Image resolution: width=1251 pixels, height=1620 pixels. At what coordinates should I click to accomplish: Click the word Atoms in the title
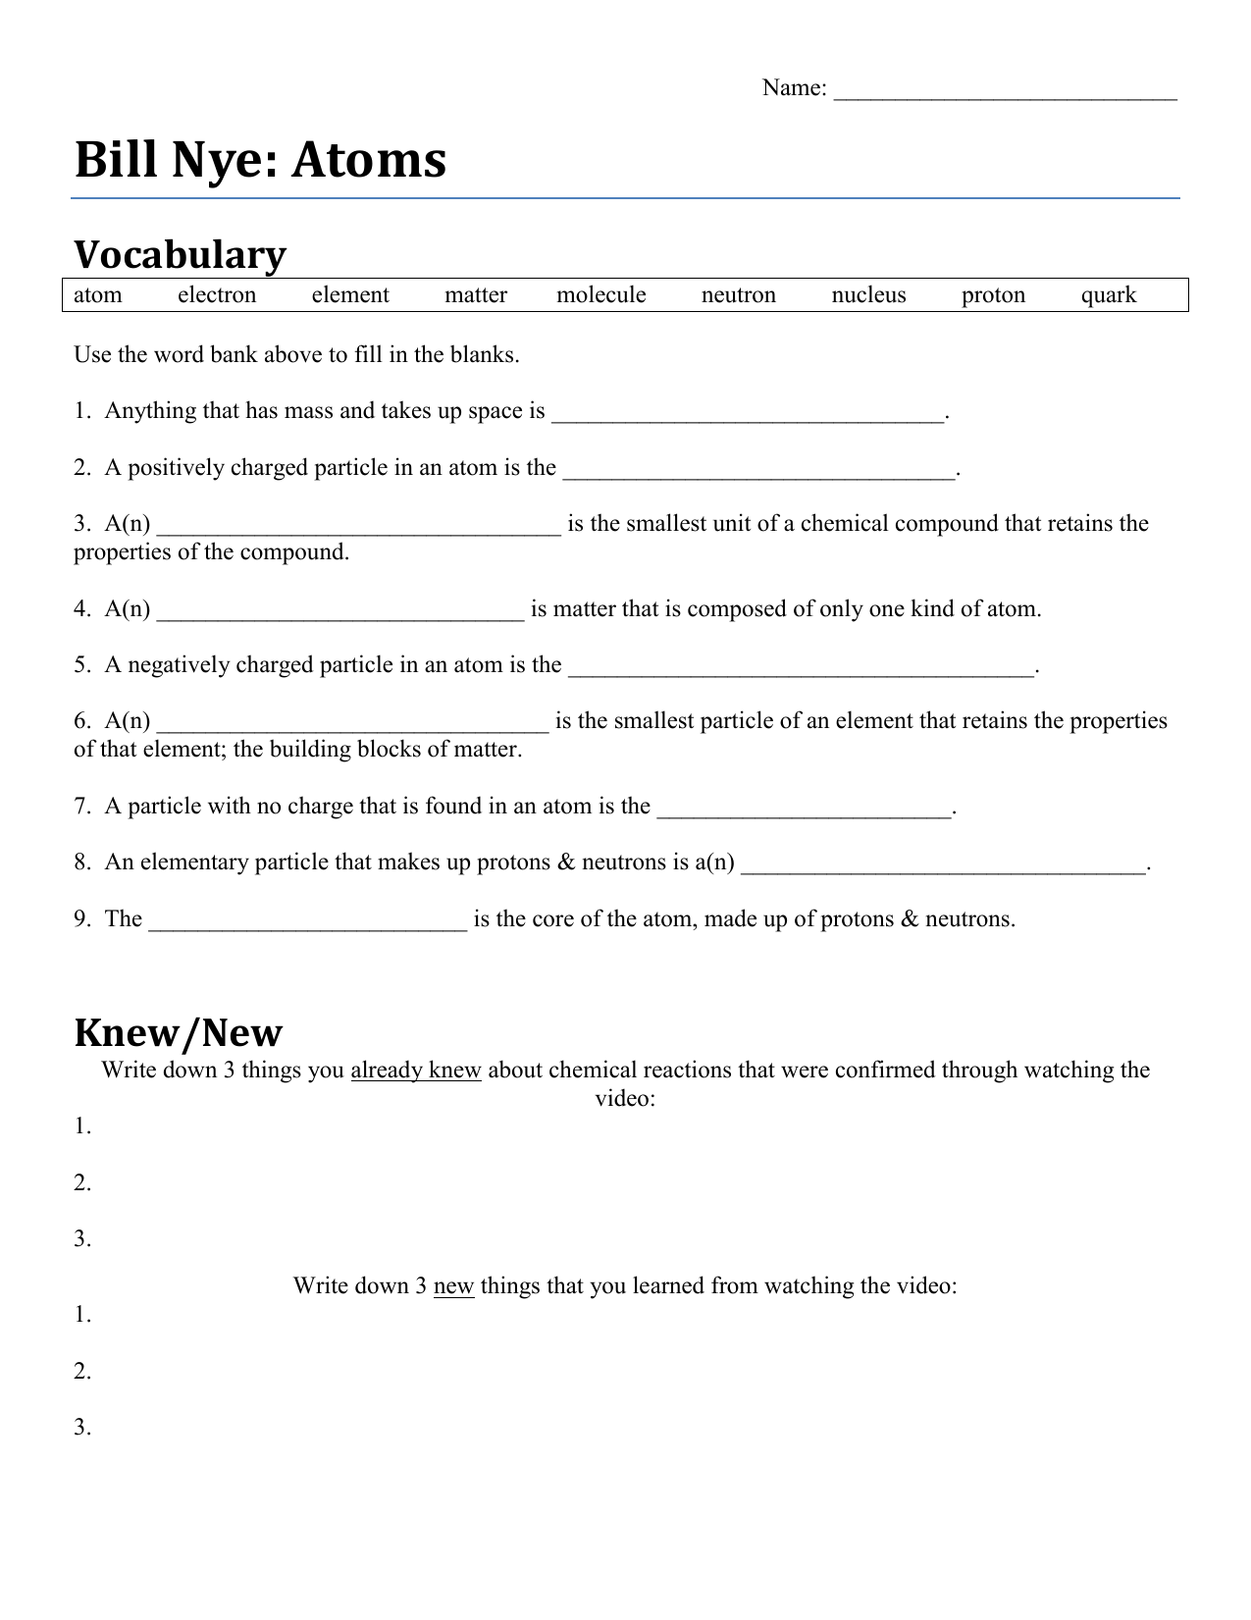[x=369, y=160]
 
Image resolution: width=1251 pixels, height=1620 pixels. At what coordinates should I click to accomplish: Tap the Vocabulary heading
[x=181, y=255]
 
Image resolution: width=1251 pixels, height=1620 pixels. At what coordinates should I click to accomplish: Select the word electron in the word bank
[x=217, y=295]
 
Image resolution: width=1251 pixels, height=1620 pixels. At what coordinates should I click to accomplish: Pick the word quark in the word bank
[x=1108, y=295]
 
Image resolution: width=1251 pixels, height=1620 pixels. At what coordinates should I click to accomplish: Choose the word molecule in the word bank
[x=600, y=295]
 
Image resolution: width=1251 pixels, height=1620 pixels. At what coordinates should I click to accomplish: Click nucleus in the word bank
[x=868, y=295]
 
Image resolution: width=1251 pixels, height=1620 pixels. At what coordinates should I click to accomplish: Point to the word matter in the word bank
[x=476, y=295]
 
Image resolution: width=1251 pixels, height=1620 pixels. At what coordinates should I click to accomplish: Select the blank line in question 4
[x=340, y=615]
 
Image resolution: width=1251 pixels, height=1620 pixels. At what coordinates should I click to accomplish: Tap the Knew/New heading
[x=179, y=1033]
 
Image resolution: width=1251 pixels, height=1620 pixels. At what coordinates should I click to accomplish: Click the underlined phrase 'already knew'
[x=416, y=1070]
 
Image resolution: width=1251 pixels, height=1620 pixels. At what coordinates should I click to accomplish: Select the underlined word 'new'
[x=453, y=1285]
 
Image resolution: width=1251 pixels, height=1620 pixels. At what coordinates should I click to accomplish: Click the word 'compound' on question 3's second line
[x=293, y=552]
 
